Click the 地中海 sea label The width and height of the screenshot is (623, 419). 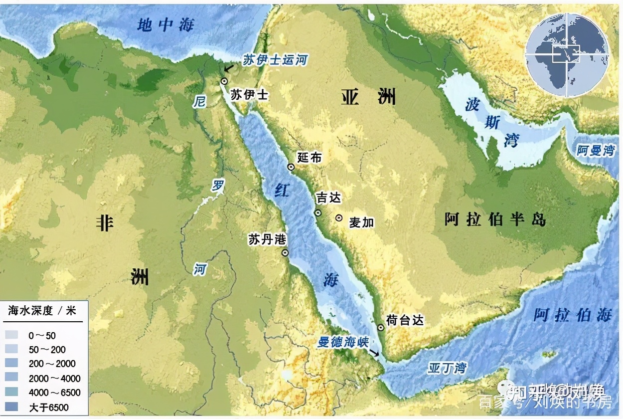(166, 24)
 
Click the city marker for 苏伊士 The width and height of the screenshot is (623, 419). (224, 81)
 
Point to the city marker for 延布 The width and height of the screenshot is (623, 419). (291, 167)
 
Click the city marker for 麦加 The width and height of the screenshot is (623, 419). (339, 218)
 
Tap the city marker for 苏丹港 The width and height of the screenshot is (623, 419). (285, 253)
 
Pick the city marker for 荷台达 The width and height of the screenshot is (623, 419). (381, 328)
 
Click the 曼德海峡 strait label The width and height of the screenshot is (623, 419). (343, 342)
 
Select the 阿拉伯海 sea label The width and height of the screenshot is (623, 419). (572, 315)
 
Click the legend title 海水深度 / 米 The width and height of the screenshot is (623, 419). (42, 310)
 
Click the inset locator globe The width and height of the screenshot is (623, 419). (566, 54)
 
